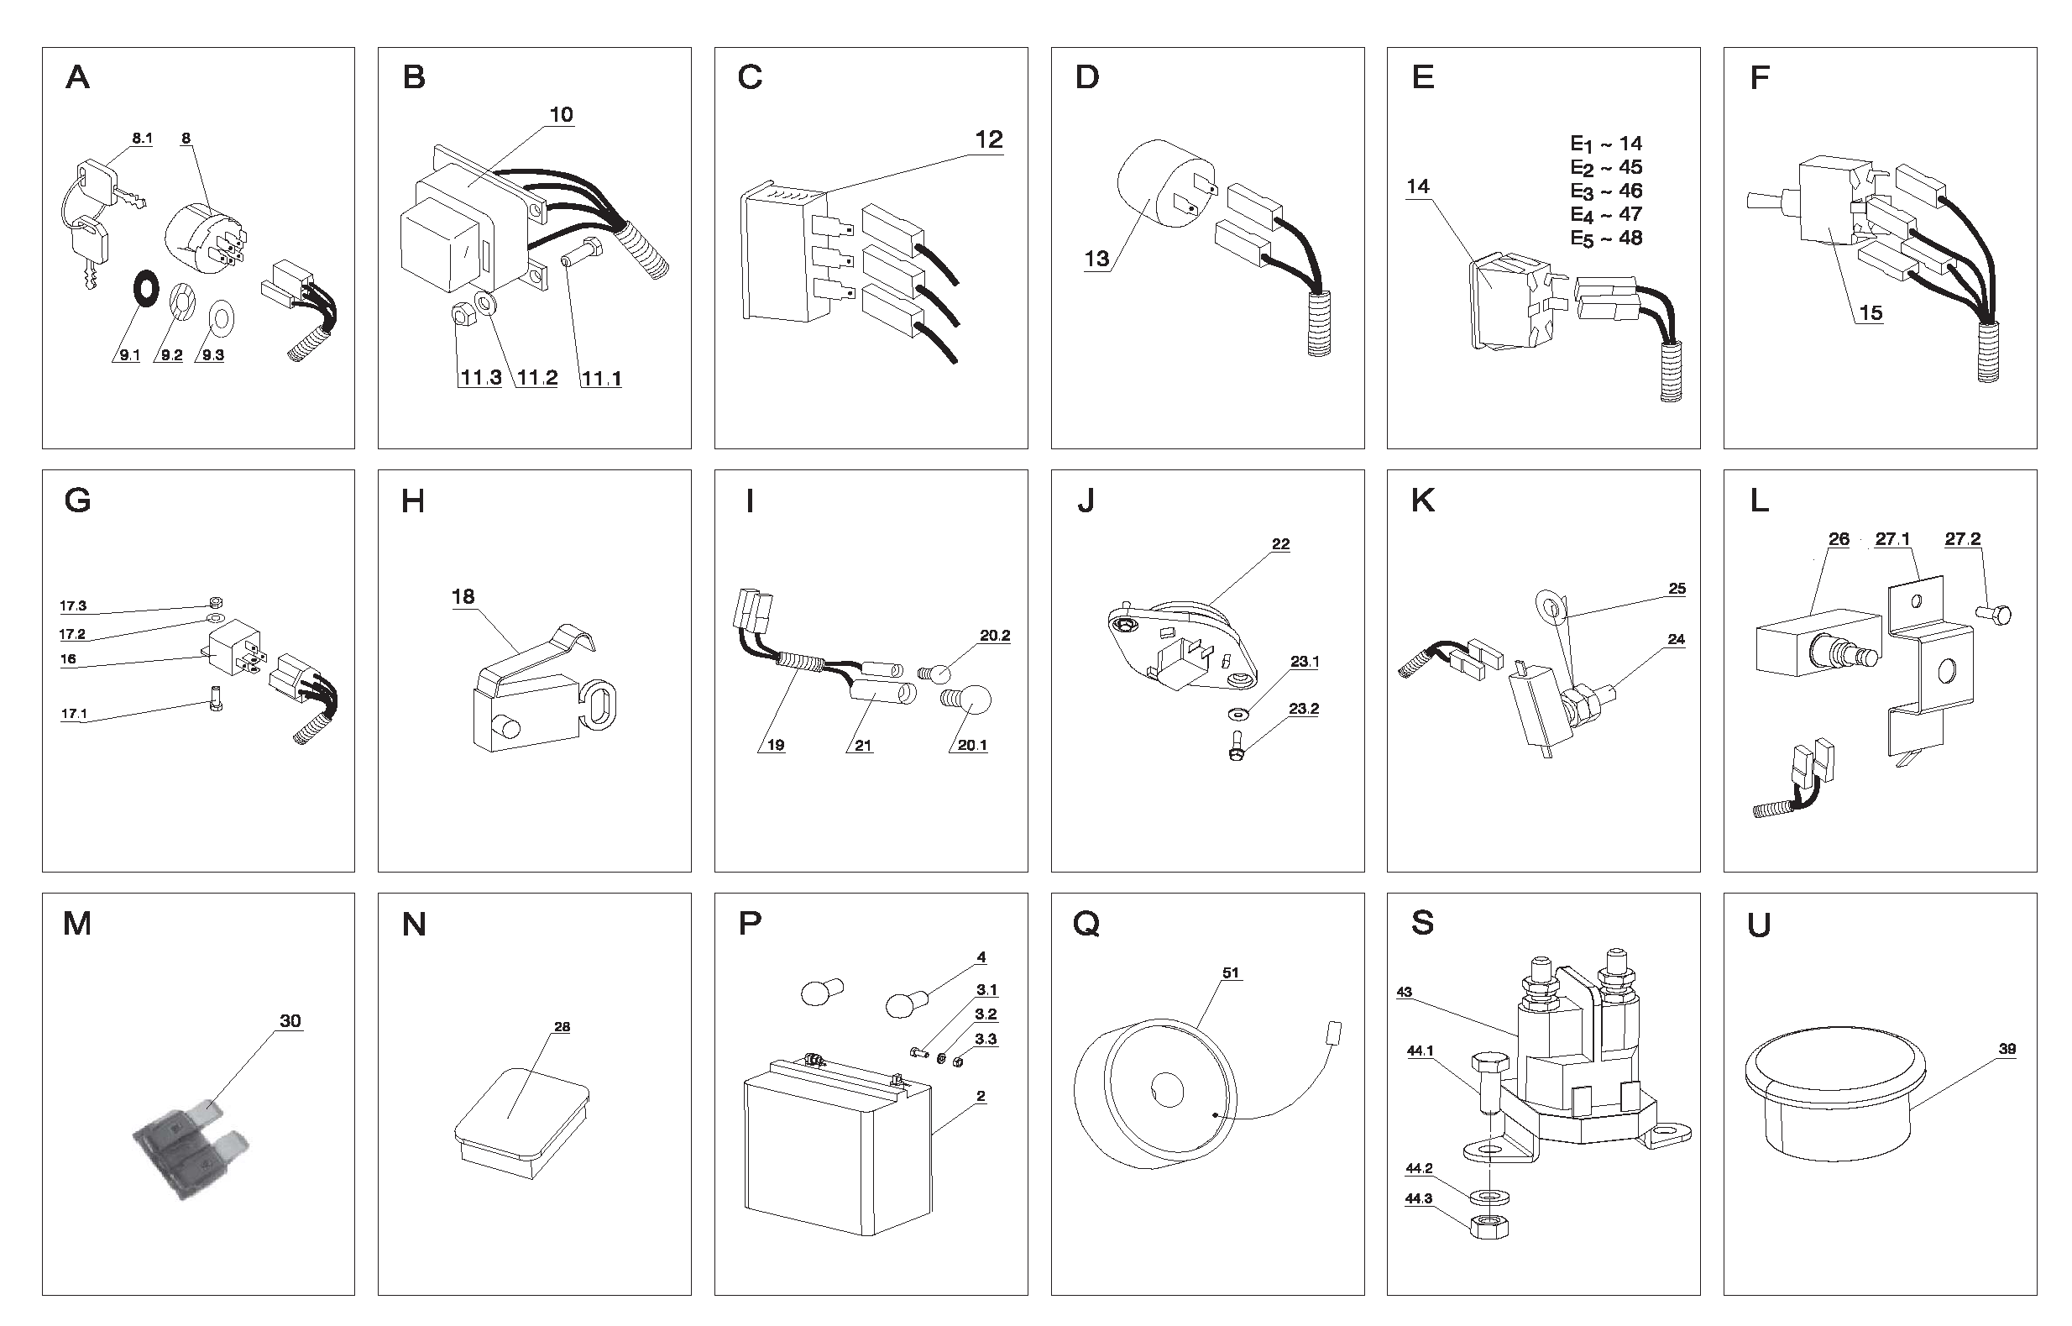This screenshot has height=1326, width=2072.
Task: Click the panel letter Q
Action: (1086, 924)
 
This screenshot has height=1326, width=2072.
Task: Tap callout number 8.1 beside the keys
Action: (142, 138)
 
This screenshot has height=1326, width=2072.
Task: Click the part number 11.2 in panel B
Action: (537, 377)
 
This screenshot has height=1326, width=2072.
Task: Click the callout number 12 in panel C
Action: (989, 139)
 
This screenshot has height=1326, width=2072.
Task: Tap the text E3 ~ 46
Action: (1605, 191)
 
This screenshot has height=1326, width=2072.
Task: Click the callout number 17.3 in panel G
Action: (73, 606)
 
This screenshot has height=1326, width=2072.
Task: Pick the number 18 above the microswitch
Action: (463, 597)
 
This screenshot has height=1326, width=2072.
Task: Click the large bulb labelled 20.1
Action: (971, 699)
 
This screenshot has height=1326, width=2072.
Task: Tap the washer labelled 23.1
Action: (1237, 714)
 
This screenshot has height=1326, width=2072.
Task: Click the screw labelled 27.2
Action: (1995, 615)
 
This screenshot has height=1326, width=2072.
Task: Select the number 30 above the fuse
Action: (290, 1020)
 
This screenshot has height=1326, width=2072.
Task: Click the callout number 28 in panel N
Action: (562, 1027)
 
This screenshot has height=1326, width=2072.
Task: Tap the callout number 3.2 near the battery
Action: (986, 1014)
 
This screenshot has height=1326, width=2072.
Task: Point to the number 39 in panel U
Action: (2007, 1049)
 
